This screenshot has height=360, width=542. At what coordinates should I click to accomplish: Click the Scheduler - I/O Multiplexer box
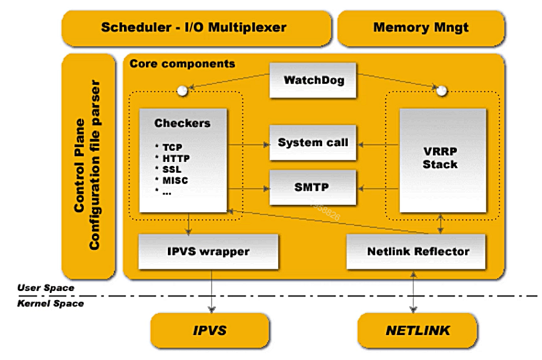pyautogui.click(x=194, y=28)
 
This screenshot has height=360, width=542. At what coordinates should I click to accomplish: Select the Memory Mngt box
pyautogui.click(x=421, y=28)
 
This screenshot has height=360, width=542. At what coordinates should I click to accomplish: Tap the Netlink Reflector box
pyautogui.click(x=417, y=251)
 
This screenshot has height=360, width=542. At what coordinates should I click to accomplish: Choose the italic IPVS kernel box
pyautogui.click(x=210, y=330)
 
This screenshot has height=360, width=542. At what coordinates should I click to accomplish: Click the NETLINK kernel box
pyautogui.click(x=417, y=330)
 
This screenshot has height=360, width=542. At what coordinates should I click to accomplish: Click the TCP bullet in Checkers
pyautogui.click(x=172, y=147)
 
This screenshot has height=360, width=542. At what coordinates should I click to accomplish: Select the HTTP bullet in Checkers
pyautogui.click(x=175, y=158)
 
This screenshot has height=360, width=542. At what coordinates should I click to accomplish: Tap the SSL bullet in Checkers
pyautogui.click(x=172, y=169)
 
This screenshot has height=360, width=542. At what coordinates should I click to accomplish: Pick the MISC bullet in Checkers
pyautogui.click(x=174, y=181)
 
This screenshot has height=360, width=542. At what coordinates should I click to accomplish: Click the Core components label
pyautogui.click(x=183, y=63)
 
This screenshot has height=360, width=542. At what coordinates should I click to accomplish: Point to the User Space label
pyautogui.click(x=46, y=288)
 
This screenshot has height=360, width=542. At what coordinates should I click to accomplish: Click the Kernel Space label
pyautogui.click(x=51, y=304)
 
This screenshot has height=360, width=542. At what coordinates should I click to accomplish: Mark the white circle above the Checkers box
pyautogui.click(x=183, y=91)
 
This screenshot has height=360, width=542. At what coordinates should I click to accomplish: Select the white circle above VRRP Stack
pyautogui.click(x=442, y=91)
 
